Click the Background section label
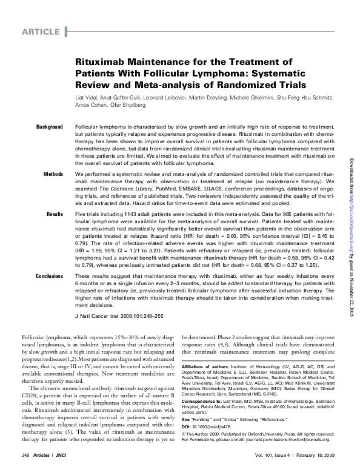(x=49, y=126)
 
